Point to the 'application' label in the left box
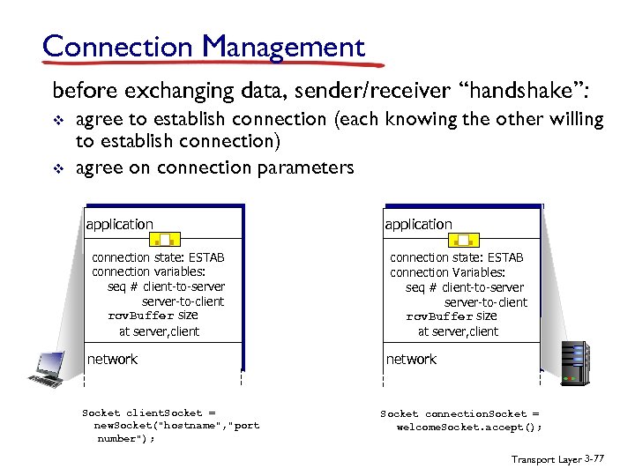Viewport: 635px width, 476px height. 119,224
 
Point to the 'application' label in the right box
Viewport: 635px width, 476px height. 418,224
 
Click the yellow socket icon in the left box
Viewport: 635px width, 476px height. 165,238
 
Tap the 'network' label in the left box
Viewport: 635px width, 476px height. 112,359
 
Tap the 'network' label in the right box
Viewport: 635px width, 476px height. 411,359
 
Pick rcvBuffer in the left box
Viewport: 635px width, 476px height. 140,316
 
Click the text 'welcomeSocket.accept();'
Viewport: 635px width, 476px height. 469,427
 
